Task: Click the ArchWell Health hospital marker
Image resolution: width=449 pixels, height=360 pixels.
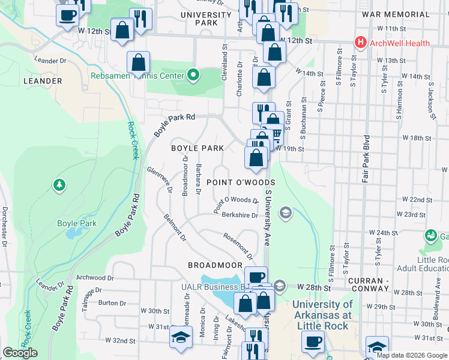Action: point(360,43)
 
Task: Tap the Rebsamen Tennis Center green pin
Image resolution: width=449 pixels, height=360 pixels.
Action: point(193,76)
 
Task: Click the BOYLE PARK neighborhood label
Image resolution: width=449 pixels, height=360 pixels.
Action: point(197,148)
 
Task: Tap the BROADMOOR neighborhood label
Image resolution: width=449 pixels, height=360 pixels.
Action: point(215,265)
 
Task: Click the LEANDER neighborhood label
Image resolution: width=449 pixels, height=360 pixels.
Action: point(42,80)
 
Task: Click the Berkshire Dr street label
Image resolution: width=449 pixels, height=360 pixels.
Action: point(240,215)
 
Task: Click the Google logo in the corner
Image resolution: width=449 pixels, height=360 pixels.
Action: point(20,353)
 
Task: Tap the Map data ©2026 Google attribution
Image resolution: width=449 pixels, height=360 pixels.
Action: point(412,355)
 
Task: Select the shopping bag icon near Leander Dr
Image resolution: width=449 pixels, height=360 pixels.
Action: point(138,62)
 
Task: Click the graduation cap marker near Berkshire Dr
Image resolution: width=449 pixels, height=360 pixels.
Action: point(285,212)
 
